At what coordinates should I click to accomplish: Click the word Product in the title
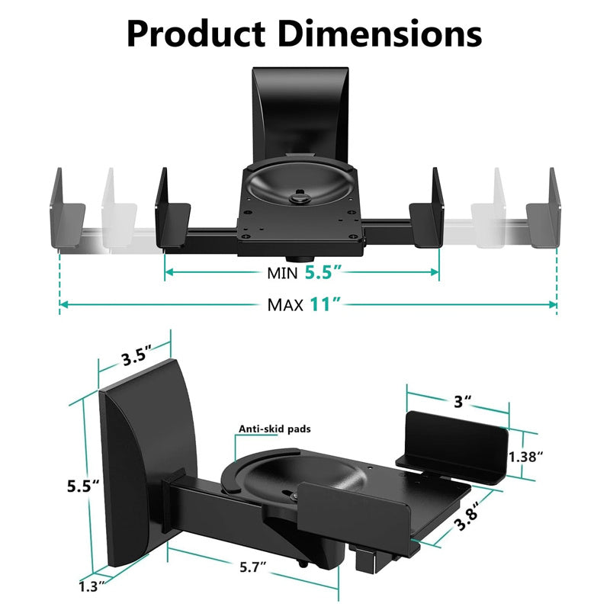196,34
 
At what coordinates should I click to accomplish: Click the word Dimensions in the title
380,34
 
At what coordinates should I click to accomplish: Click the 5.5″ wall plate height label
84,486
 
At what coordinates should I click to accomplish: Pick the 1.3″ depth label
92,586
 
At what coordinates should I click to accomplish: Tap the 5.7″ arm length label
253,567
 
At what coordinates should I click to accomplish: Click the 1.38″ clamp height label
525,457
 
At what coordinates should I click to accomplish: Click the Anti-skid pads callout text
274,429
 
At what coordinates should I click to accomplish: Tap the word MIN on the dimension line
282,273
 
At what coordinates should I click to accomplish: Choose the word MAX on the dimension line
285,306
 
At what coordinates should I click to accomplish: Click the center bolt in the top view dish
300,197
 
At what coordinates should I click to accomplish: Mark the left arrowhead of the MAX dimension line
63,304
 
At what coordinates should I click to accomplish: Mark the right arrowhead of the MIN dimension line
435,272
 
